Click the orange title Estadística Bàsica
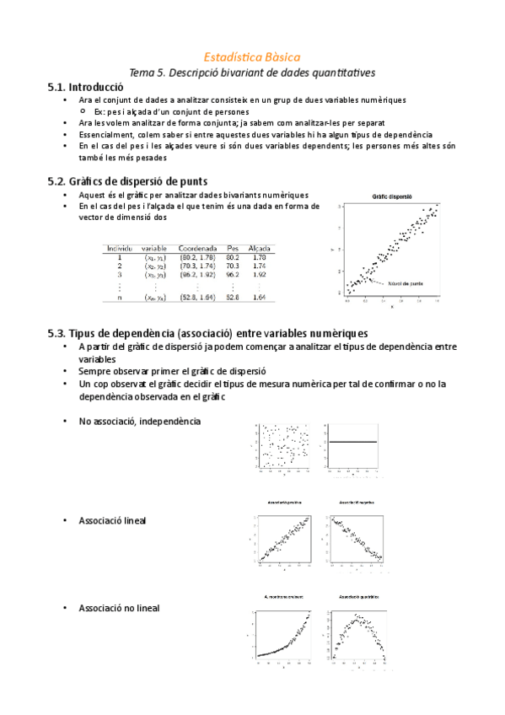pos(252,56)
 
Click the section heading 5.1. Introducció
pos(87,87)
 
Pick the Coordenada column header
pos(198,248)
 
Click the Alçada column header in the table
pos(260,248)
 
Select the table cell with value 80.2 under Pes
pos(234,257)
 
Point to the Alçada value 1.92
pos(260,274)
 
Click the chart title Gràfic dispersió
pos(391,196)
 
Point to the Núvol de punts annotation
pos(406,283)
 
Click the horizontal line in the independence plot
pos(352,442)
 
